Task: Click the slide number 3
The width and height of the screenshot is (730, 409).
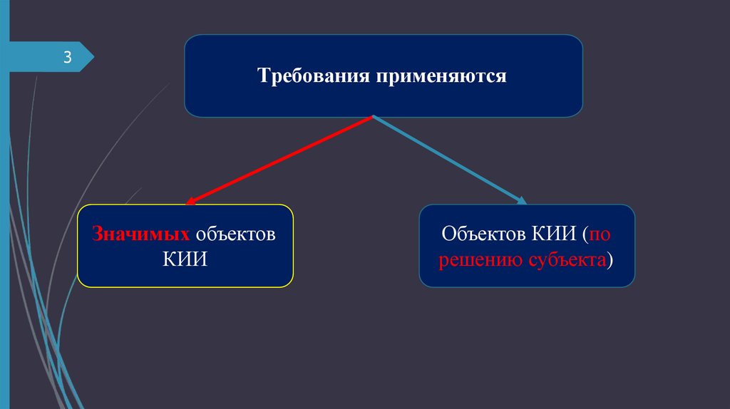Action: [x=68, y=58]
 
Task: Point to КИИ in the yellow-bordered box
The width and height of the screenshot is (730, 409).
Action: [x=185, y=258]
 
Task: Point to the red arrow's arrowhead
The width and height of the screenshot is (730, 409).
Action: [x=191, y=202]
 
